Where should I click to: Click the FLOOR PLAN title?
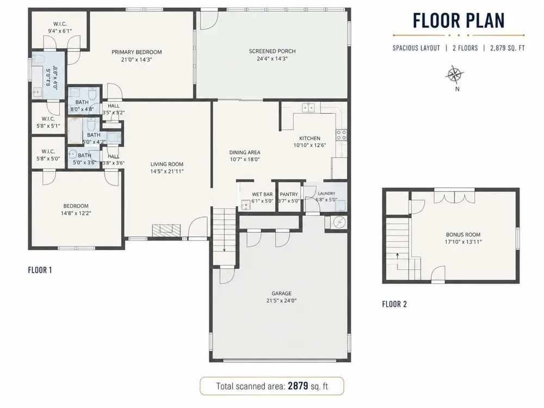click(459, 21)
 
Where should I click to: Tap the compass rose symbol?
click(454, 75)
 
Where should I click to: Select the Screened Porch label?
click(272, 51)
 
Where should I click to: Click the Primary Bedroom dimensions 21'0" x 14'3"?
click(137, 59)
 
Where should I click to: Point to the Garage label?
click(281, 293)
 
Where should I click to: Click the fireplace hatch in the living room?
click(166, 231)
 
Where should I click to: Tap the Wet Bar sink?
click(246, 205)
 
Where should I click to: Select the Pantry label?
click(289, 194)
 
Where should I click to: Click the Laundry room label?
click(326, 193)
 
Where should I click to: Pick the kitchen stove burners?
click(341, 135)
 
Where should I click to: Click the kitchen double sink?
click(308, 108)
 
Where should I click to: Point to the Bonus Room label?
click(463, 234)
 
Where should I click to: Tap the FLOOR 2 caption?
click(394, 304)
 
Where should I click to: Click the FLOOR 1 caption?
click(40, 270)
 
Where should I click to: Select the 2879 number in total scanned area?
click(298, 386)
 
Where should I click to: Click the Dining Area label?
click(245, 152)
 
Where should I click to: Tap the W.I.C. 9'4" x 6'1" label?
click(60, 27)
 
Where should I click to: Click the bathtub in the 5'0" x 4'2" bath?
click(75, 131)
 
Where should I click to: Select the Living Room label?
click(167, 164)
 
